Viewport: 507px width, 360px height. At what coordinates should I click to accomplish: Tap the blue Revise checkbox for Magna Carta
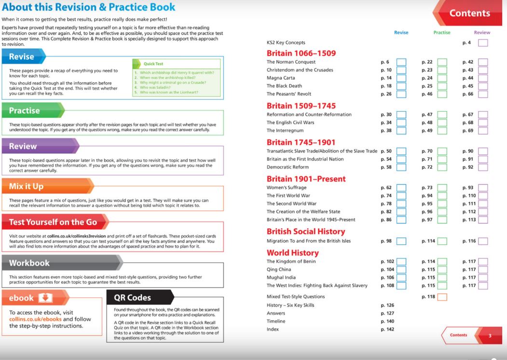click(x=401, y=78)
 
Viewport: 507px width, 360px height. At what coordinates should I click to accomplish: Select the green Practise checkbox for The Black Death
click(x=442, y=86)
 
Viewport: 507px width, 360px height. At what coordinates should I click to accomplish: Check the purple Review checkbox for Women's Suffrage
click(x=483, y=188)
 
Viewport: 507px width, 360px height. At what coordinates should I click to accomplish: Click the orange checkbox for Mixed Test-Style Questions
click(x=442, y=297)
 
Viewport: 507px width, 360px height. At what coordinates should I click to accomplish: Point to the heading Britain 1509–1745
click(x=301, y=106)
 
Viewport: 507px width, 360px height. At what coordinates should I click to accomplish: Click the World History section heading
click(x=292, y=253)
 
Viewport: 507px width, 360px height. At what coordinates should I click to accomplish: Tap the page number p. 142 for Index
click(x=387, y=330)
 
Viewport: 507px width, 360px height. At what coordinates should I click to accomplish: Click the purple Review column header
click(x=481, y=33)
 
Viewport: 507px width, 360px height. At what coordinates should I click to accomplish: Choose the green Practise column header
click(x=441, y=33)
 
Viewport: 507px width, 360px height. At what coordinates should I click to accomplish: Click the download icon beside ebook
click(x=45, y=298)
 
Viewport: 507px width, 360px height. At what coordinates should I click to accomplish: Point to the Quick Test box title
click(x=153, y=64)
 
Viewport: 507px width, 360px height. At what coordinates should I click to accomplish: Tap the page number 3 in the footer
click(x=490, y=335)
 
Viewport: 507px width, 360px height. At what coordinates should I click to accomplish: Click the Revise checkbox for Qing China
click(x=401, y=270)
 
